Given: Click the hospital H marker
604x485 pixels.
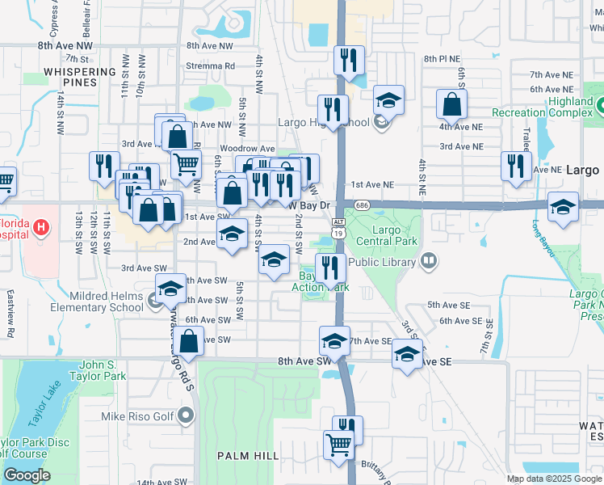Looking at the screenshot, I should (39, 230).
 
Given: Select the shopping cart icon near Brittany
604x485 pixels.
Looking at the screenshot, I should (338, 444).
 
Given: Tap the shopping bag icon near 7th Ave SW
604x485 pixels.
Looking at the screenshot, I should (188, 342).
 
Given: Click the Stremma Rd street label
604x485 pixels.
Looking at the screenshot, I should (209, 66).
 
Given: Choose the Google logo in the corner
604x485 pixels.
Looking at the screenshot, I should (26, 475).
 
